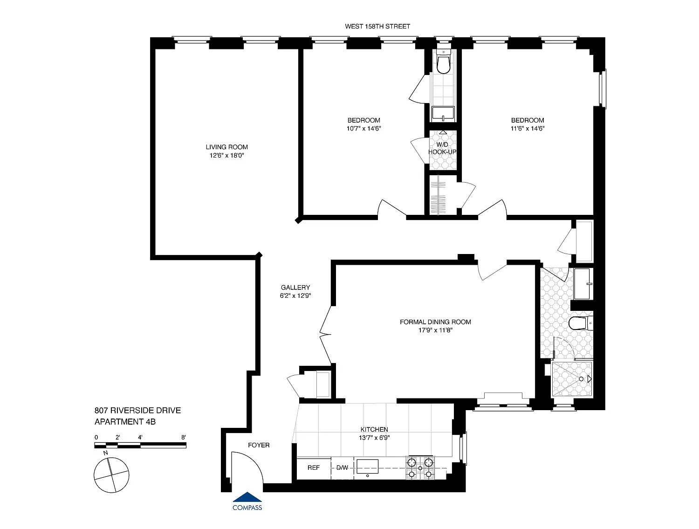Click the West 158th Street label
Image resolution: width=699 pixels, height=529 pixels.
click(377, 27)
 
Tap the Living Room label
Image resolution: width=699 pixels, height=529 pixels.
click(226, 147)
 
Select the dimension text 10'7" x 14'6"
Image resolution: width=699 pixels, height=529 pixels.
click(363, 129)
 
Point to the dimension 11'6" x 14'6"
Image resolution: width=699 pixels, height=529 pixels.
click(528, 129)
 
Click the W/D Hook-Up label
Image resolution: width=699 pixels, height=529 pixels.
click(442, 148)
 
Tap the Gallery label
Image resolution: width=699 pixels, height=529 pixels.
click(295, 287)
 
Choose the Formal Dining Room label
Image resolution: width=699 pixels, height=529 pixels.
click(435, 322)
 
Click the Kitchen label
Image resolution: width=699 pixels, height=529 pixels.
click(374, 429)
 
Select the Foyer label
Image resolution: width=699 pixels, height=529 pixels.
click(259, 445)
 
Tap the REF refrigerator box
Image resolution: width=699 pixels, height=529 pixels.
click(314, 468)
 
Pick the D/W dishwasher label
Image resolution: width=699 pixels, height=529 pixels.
click(342, 468)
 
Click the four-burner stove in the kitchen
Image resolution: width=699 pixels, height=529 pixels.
click(420, 468)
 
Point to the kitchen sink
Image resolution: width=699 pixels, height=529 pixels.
click(367, 467)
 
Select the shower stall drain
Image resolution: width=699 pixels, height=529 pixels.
click(581, 379)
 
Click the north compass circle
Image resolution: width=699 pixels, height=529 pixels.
click(111, 475)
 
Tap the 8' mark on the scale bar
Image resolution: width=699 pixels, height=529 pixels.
click(184, 438)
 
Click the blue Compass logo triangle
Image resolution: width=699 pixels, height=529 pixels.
click(247, 497)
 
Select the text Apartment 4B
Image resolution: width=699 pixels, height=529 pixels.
click(125, 422)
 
